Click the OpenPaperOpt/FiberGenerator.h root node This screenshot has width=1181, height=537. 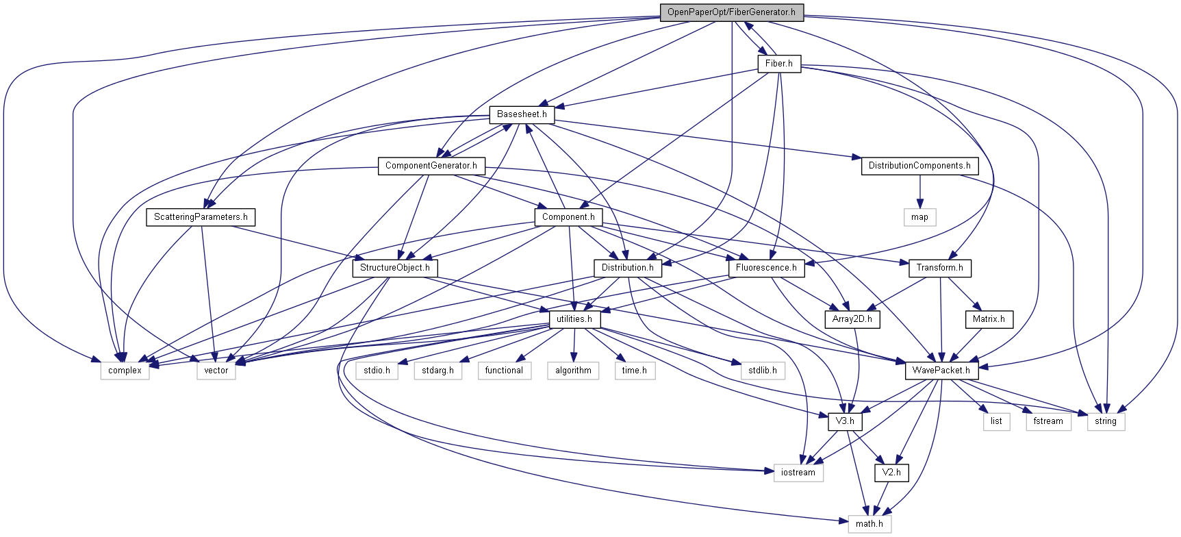click(x=731, y=12)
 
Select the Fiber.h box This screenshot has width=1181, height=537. click(x=778, y=64)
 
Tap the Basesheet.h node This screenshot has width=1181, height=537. click(x=522, y=114)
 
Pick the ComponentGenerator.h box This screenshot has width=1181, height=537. click(x=431, y=166)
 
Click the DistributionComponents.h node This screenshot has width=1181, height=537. click(x=919, y=166)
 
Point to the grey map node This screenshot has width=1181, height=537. click(x=919, y=217)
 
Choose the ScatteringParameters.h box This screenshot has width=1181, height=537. click(x=201, y=217)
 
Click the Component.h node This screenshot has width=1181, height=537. click(x=568, y=217)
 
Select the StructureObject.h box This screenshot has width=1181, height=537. click(x=395, y=268)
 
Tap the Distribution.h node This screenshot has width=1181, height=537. click(x=627, y=268)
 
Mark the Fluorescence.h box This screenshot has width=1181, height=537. click(x=766, y=268)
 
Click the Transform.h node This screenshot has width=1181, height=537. click(x=939, y=268)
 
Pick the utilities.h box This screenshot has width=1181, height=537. click(x=574, y=319)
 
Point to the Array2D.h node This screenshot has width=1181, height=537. click(x=852, y=319)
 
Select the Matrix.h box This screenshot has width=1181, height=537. click(x=988, y=319)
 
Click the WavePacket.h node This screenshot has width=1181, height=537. click(x=941, y=371)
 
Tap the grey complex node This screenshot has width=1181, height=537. click(x=125, y=371)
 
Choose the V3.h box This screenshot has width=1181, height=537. click(x=844, y=421)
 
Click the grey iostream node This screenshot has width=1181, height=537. click(x=798, y=473)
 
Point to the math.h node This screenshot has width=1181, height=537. click(x=869, y=524)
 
